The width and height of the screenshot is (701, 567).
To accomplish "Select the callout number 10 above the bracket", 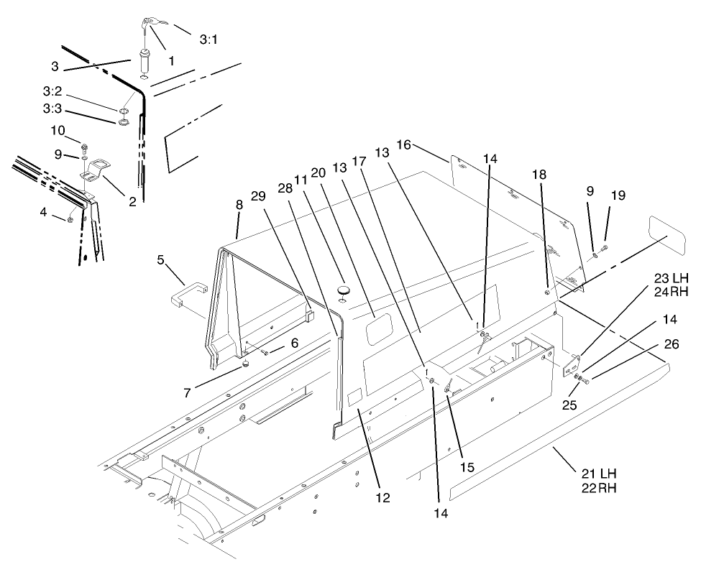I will [x=57, y=130].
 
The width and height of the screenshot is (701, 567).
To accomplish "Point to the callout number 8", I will [x=239, y=205].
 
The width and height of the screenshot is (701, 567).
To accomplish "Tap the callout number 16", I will [x=403, y=145].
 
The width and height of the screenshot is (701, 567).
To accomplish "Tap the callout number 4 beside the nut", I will [x=43, y=212].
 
